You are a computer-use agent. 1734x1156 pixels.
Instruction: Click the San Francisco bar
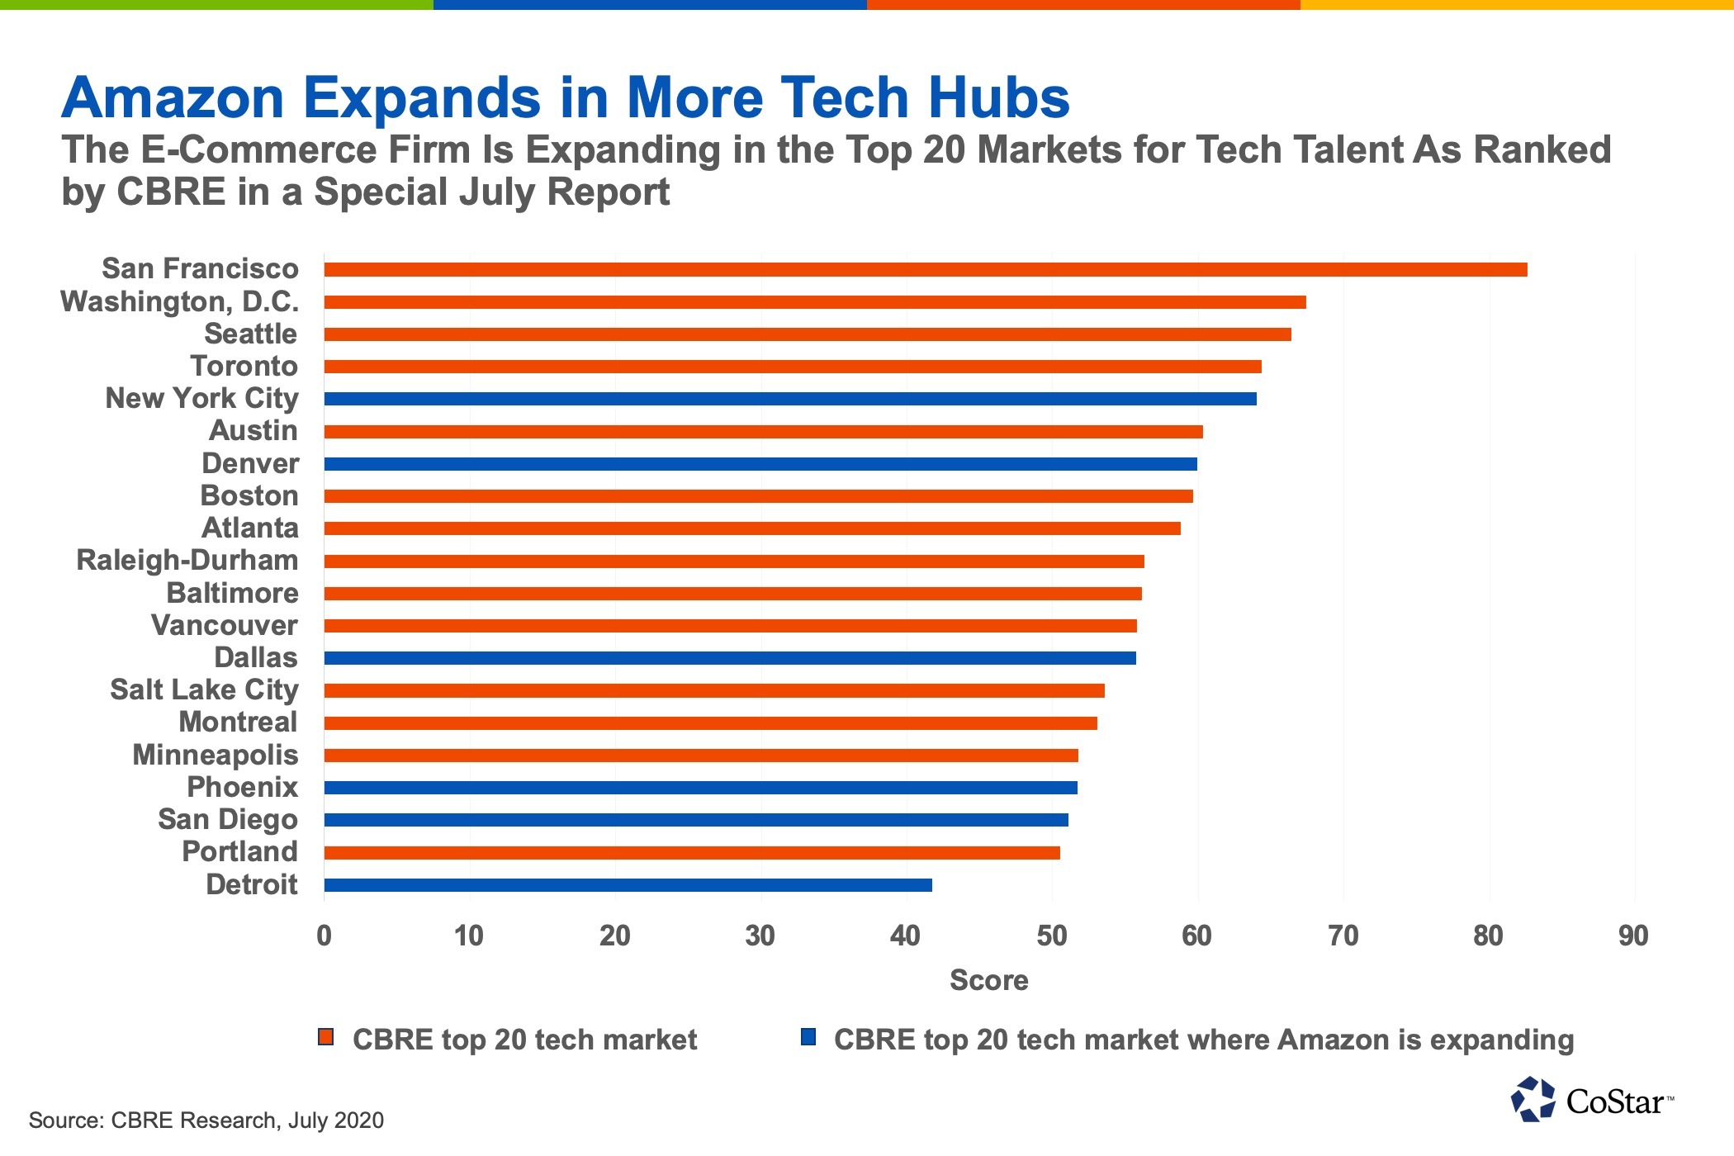925,270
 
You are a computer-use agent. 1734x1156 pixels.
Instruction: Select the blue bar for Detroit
628,885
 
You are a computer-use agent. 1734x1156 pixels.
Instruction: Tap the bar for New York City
789,399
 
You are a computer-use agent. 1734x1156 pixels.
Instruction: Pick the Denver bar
760,464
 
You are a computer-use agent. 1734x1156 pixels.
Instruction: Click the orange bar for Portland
692,853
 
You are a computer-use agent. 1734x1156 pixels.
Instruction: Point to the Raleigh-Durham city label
187,561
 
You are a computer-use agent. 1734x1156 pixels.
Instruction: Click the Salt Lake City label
204,690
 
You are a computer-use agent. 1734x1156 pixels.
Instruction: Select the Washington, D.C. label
179,302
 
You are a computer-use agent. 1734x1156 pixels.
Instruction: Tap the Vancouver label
224,626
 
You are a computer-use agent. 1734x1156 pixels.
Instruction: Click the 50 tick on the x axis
1051,936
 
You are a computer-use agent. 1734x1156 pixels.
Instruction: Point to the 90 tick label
1633,936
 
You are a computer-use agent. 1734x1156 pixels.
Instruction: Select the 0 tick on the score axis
325,936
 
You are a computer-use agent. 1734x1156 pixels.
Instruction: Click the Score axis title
988,981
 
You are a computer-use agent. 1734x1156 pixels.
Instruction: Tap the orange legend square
326,1038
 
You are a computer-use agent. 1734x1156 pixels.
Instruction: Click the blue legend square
808,1038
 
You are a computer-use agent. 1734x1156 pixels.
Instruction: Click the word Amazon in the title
173,98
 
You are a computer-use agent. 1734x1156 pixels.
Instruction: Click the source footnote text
206,1120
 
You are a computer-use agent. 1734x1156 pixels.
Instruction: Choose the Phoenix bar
700,788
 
